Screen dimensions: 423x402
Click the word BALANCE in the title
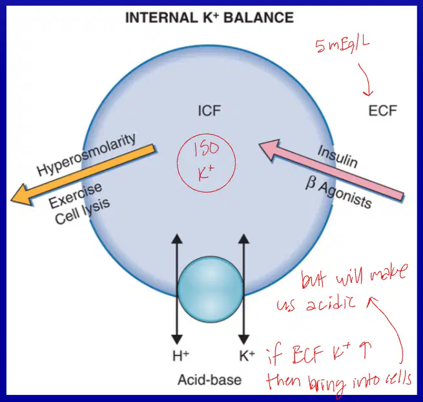coord(259,18)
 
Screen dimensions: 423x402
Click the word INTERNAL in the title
coord(161,18)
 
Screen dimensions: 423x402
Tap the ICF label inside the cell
coord(209,111)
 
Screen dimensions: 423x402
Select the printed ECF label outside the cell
coord(382,111)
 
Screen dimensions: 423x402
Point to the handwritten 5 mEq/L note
coord(342,45)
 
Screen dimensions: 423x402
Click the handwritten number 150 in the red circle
coord(207,149)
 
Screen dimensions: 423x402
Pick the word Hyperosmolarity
coord(87,154)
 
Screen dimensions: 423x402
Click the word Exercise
coord(76,196)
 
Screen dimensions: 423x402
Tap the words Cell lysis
coord(82,211)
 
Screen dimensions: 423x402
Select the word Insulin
coord(338,156)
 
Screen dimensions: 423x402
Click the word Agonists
coord(346,195)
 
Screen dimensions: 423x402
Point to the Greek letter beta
coord(311,183)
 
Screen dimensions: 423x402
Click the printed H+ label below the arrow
coord(180,355)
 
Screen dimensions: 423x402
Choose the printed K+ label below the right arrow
coord(247,355)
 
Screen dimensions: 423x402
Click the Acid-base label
coord(210,380)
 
